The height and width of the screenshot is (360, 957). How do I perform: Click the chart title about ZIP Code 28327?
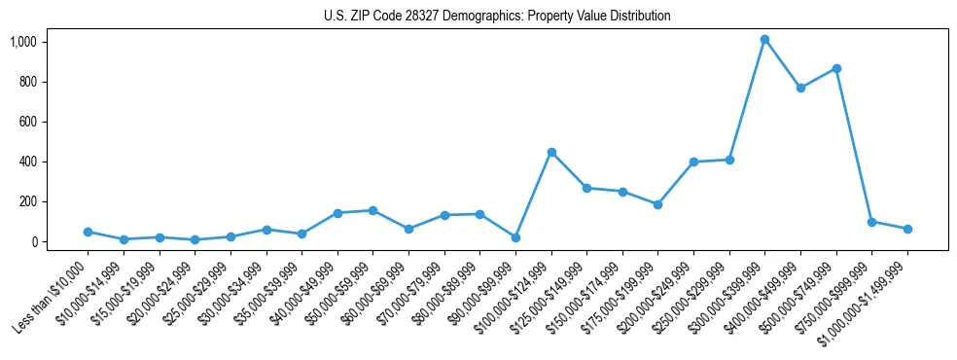pos(497,16)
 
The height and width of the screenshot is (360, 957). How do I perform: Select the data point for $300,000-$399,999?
pos(764,40)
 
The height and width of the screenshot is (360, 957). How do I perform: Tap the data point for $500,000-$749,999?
pos(836,68)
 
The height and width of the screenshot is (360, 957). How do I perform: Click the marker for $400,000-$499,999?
pos(800,88)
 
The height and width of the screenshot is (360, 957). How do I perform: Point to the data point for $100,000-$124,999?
pos(551,152)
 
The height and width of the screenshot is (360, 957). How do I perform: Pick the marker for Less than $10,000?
pos(88,232)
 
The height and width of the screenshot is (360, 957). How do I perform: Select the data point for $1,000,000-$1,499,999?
pos(907,229)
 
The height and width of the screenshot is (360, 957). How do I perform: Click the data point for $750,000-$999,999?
pos(871,222)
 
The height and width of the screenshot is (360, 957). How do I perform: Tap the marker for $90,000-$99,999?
pos(515,237)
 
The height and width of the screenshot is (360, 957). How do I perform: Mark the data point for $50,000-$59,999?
pos(372,210)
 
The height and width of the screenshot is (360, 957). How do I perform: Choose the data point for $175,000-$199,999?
pos(657,204)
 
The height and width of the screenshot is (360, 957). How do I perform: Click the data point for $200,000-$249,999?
pos(693,162)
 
